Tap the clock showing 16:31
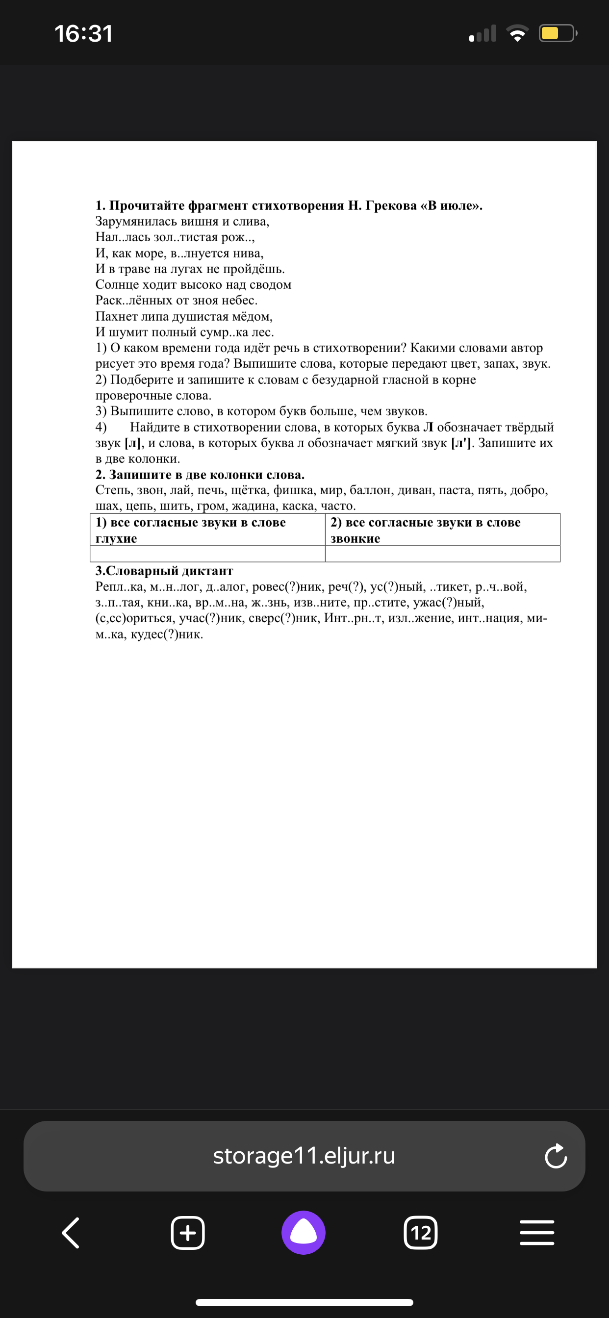pos(83,34)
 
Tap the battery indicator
pos(557,34)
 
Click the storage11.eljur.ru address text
pos(304,1156)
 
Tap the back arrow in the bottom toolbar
pos(71,1233)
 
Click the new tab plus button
pos(187,1233)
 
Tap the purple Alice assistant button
pos(304,1233)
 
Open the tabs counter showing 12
pos(420,1233)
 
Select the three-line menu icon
pos(537,1233)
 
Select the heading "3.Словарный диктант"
pos(164,571)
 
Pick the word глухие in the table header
pos(116,539)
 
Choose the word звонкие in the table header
pos(355,539)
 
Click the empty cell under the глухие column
pos(207,554)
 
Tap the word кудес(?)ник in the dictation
pos(167,634)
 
